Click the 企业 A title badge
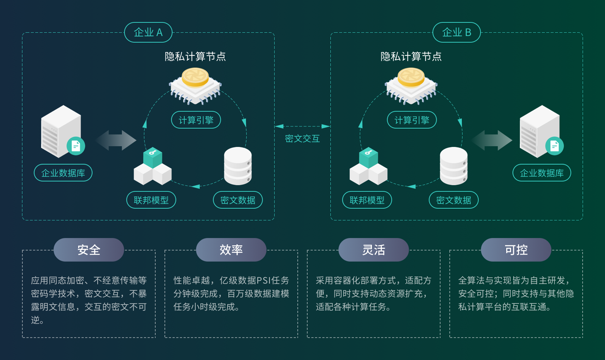point(148,32)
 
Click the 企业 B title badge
point(457,32)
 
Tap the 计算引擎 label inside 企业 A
point(196,120)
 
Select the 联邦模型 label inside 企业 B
point(367,200)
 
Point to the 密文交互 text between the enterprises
point(302,138)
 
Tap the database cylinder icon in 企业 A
point(238,166)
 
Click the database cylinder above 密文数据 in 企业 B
point(454,166)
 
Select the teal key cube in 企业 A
point(153,157)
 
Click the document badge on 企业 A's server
point(76,146)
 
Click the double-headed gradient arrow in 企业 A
point(116,140)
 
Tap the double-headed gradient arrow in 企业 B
point(492,140)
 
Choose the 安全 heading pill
point(89,250)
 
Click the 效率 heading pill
point(231,250)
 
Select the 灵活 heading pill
point(374,250)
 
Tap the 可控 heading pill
point(516,250)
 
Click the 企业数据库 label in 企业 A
point(63,173)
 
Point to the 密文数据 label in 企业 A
point(238,200)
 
